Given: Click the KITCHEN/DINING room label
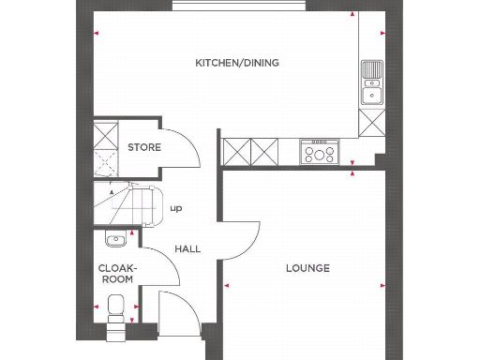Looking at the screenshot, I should (x=236, y=63).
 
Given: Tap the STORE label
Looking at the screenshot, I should (x=144, y=147).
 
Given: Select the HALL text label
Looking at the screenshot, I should (x=187, y=248).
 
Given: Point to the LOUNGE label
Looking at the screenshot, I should (x=307, y=268).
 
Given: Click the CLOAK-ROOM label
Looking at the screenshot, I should (x=118, y=272).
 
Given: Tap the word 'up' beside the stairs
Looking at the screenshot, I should (x=175, y=208).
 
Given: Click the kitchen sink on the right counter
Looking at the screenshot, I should (x=372, y=82).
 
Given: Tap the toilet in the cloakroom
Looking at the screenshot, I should (x=116, y=307).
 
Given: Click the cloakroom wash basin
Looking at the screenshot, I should (x=114, y=241).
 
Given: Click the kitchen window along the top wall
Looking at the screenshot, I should (x=241, y=7).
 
